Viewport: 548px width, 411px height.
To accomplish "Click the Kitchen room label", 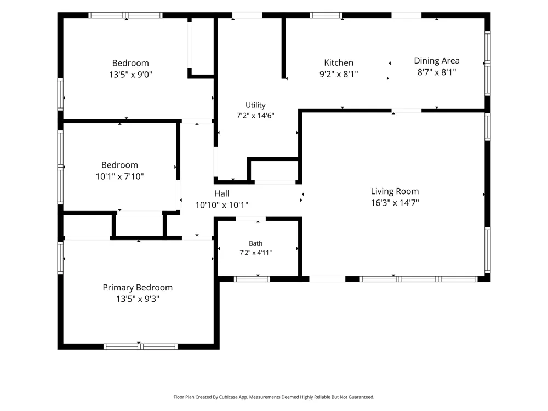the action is [339, 63].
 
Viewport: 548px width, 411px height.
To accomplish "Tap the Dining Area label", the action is [437, 61].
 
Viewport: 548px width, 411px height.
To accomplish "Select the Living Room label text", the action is [395, 191].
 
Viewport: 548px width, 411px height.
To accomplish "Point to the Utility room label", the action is [255, 105].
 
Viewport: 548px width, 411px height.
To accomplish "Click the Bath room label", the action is [255, 243].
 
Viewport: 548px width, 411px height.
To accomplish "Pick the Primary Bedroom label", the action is [138, 288].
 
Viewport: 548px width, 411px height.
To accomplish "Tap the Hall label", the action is [221, 193].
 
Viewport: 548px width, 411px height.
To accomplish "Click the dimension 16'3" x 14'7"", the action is [395, 203].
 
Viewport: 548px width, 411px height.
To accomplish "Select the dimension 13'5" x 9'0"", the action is [130, 75].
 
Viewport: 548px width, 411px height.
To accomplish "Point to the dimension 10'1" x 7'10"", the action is [119, 176].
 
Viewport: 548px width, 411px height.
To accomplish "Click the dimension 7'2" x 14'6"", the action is [255, 116].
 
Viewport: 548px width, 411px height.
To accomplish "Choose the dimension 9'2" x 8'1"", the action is [339, 74].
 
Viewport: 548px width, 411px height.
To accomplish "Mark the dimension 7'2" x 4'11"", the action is [255, 253].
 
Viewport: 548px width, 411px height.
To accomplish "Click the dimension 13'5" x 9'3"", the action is [138, 299].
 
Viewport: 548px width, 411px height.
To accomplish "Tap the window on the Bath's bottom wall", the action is [252, 279].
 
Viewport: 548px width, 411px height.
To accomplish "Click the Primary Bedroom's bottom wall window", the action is [140, 346].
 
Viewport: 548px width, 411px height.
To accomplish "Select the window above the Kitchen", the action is [326, 15].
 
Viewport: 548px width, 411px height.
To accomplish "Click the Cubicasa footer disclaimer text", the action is [273, 397].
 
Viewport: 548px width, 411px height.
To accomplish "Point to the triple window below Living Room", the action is [419, 279].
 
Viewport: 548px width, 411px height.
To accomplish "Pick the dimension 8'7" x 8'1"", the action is [437, 72].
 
